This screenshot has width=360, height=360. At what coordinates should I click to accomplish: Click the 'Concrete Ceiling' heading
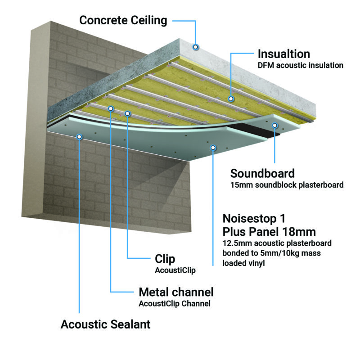coord(123,20)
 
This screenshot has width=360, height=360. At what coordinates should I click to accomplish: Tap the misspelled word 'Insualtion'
coord(283,54)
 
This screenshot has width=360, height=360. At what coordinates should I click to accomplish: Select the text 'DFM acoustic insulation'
coord(300,65)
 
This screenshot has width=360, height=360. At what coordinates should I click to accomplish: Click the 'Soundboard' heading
coord(262,173)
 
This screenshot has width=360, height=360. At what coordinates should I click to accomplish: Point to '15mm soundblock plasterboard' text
coord(287,184)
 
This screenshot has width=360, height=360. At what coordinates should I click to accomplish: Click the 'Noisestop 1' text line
coord(254,219)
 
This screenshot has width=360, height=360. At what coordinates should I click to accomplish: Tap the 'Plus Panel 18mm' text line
coord(269,232)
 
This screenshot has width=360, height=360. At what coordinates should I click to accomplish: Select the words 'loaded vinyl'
coord(243,263)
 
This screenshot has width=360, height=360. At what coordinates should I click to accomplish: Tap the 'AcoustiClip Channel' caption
coord(175,303)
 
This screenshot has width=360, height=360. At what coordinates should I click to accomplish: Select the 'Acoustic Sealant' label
coord(105,324)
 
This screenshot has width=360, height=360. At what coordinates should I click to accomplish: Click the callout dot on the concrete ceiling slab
coord(195,46)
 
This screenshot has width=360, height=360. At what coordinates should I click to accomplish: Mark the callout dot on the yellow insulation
coord(230,98)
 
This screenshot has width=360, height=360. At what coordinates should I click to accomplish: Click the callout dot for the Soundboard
coord(274,126)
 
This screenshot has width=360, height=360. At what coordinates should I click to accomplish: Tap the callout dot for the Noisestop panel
coord(212,146)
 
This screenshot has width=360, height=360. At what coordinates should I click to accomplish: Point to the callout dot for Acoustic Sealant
coord(79,136)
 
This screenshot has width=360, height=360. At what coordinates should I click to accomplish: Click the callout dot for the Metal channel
coord(110,108)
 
